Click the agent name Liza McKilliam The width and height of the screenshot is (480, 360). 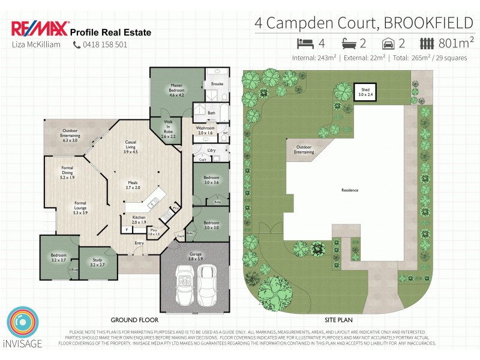(x=36, y=44)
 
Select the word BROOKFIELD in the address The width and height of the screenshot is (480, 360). (x=428, y=23)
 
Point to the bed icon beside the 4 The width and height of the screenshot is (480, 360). (x=306, y=43)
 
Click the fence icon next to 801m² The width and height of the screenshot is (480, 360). (x=427, y=43)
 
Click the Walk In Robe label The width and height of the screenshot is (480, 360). (x=169, y=129)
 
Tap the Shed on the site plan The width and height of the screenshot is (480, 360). (x=365, y=93)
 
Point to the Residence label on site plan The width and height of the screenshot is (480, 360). (x=350, y=190)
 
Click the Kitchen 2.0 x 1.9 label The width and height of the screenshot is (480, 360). (x=139, y=220)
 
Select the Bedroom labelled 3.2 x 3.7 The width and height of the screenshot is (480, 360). (x=58, y=259)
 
